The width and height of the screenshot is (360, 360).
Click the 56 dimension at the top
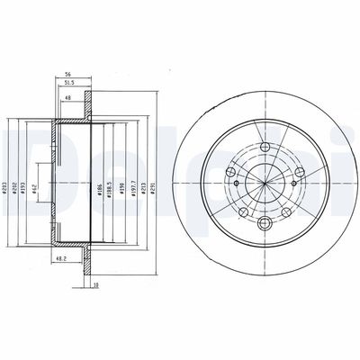click(x=67, y=76)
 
